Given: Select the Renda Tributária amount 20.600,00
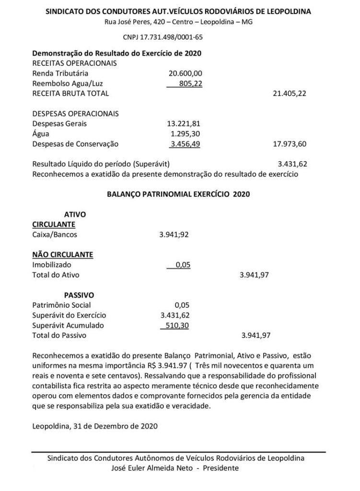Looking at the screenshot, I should (x=186, y=73).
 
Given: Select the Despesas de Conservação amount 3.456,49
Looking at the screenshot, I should (x=186, y=144).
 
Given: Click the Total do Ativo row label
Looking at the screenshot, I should (x=56, y=275).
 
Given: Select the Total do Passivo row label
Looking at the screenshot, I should (x=59, y=335).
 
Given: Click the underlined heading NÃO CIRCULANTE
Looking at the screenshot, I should (x=62, y=255).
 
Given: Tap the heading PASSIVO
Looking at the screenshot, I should (x=79, y=295).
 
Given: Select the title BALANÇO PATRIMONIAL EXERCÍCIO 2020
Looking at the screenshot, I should (x=178, y=194).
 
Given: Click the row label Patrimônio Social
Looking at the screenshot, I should (x=61, y=305).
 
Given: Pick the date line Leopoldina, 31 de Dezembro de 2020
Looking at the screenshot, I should (x=94, y=425).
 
